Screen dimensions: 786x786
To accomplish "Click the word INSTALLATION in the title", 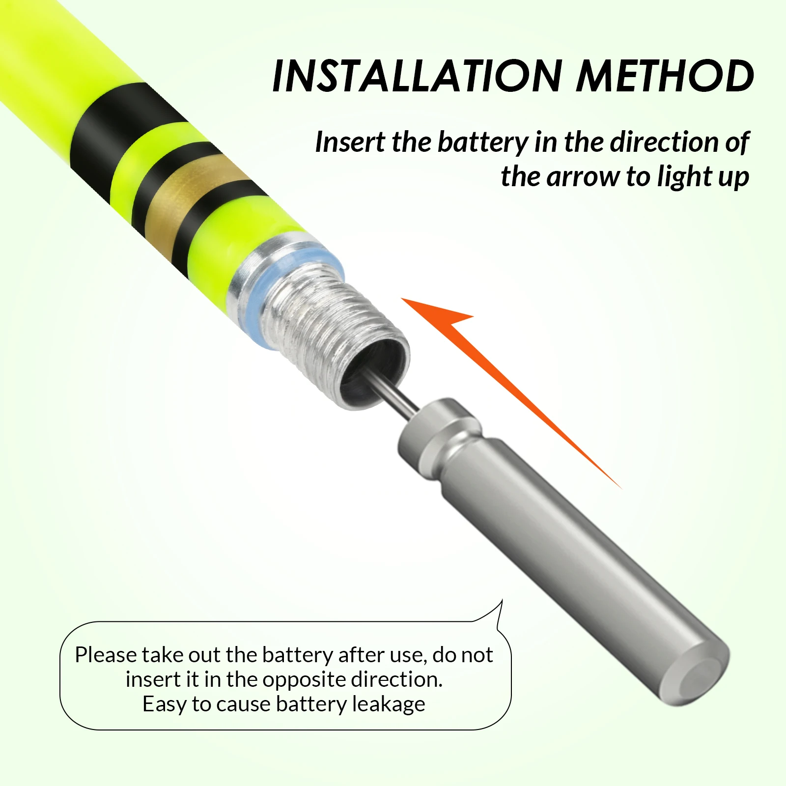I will pos(417,76).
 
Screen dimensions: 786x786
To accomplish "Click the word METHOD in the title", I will pos(665,76).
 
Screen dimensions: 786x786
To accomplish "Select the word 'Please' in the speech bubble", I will pos(105,655).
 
